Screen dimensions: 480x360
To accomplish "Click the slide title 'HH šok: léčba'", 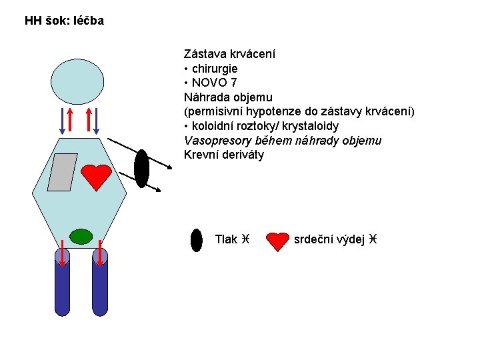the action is click(64, 21).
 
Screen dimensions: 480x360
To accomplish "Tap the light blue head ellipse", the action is click(77, 82).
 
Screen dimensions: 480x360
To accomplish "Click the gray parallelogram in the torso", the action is click(62, 173).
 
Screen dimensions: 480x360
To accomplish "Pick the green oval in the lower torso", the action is click(81, 237).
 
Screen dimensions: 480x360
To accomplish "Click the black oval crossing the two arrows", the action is click(141, 169).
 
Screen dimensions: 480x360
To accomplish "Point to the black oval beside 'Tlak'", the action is click(197, 240).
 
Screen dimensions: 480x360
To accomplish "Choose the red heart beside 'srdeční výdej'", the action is click(277, 241).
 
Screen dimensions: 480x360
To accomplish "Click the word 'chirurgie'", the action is click(215, 69).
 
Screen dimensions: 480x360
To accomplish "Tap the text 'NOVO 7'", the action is click(214, 83).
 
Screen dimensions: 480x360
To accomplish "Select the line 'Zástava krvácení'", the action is click(229, 54).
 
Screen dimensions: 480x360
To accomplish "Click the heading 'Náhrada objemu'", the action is click(228, 97).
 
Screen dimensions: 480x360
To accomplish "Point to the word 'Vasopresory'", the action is click(217, 141).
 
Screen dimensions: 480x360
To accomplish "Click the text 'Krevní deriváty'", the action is click(224, 155).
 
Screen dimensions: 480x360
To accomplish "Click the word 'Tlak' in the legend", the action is click(226, 239).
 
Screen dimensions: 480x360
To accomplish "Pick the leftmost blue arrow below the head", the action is click(62, 121).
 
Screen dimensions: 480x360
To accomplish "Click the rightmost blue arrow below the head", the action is click(96, 121).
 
